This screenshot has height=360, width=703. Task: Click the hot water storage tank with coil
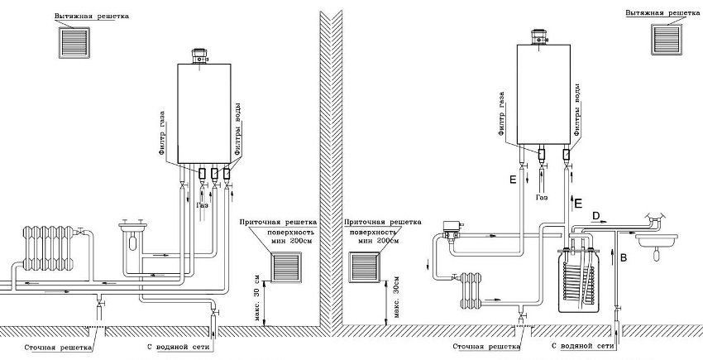pyautogui.click(x=580, y=277)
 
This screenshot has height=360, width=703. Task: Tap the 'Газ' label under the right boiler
pyautogui.click(x=541, y=199)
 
